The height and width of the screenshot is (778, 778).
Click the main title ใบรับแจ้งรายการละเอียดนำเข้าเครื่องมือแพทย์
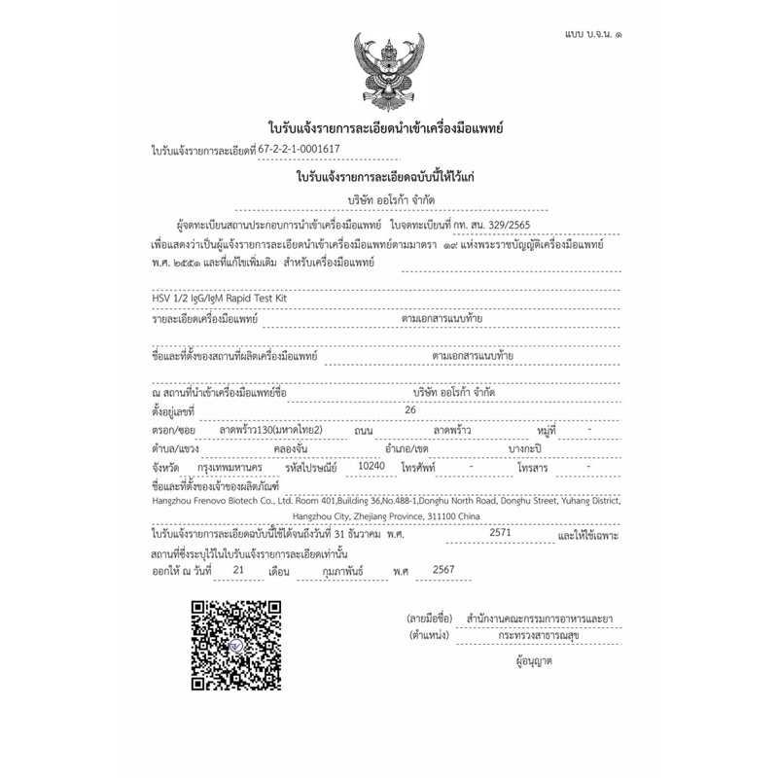(x=389, y=128)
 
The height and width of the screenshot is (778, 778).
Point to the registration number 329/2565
(x=532, y=222)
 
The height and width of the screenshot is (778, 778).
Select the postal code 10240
(x=372, y=466)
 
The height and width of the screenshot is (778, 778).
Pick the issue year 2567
(x=443, y=571)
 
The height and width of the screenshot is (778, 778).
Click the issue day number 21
(x=238, y=571)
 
